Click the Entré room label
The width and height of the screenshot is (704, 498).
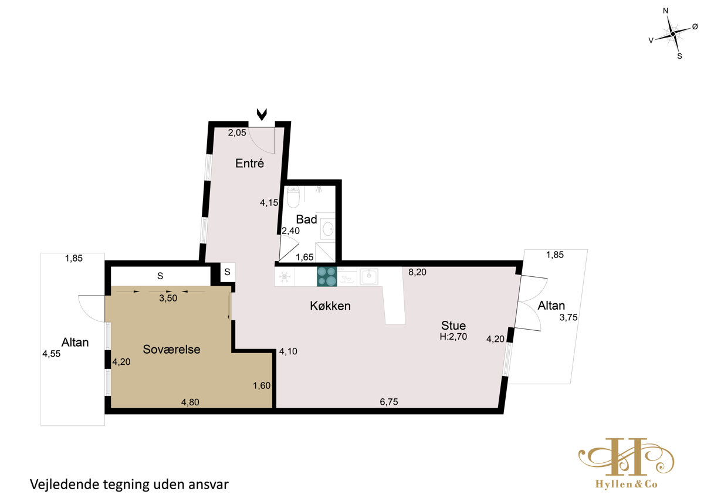click(x=249, y=164)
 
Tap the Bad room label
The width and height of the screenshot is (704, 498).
click(x=306, y=219)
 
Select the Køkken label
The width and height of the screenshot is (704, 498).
click(x=330, y=306)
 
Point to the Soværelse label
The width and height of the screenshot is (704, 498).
click(x=171, y=350)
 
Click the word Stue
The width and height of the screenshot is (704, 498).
click(x=453, y=326)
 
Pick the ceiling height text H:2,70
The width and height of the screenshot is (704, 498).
click(x=453, y=337)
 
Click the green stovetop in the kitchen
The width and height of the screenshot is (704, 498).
click(x=327, y=276)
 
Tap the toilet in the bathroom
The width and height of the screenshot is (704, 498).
click(x=293, y=197)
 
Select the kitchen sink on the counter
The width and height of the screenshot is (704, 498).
click(x=369, y=276)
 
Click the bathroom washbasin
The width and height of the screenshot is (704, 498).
click(x=328, y=229)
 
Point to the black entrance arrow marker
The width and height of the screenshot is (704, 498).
click(x=262, y=114)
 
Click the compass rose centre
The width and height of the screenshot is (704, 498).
click(x=672, y=34)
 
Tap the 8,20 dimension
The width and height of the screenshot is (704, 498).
click(x=417, y=272)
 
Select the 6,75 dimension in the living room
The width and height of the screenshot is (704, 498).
click(x=389, y=402)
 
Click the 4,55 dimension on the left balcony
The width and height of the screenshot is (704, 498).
click(x=52, y=354)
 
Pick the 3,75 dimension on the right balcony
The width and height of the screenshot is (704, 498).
click(x=568, y=317)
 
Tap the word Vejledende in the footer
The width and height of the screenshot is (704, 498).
click(x=64, y=485)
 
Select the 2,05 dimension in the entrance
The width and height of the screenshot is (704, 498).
click(x=237, y=133)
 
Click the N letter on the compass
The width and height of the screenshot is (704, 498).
click(x=665, y=11)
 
